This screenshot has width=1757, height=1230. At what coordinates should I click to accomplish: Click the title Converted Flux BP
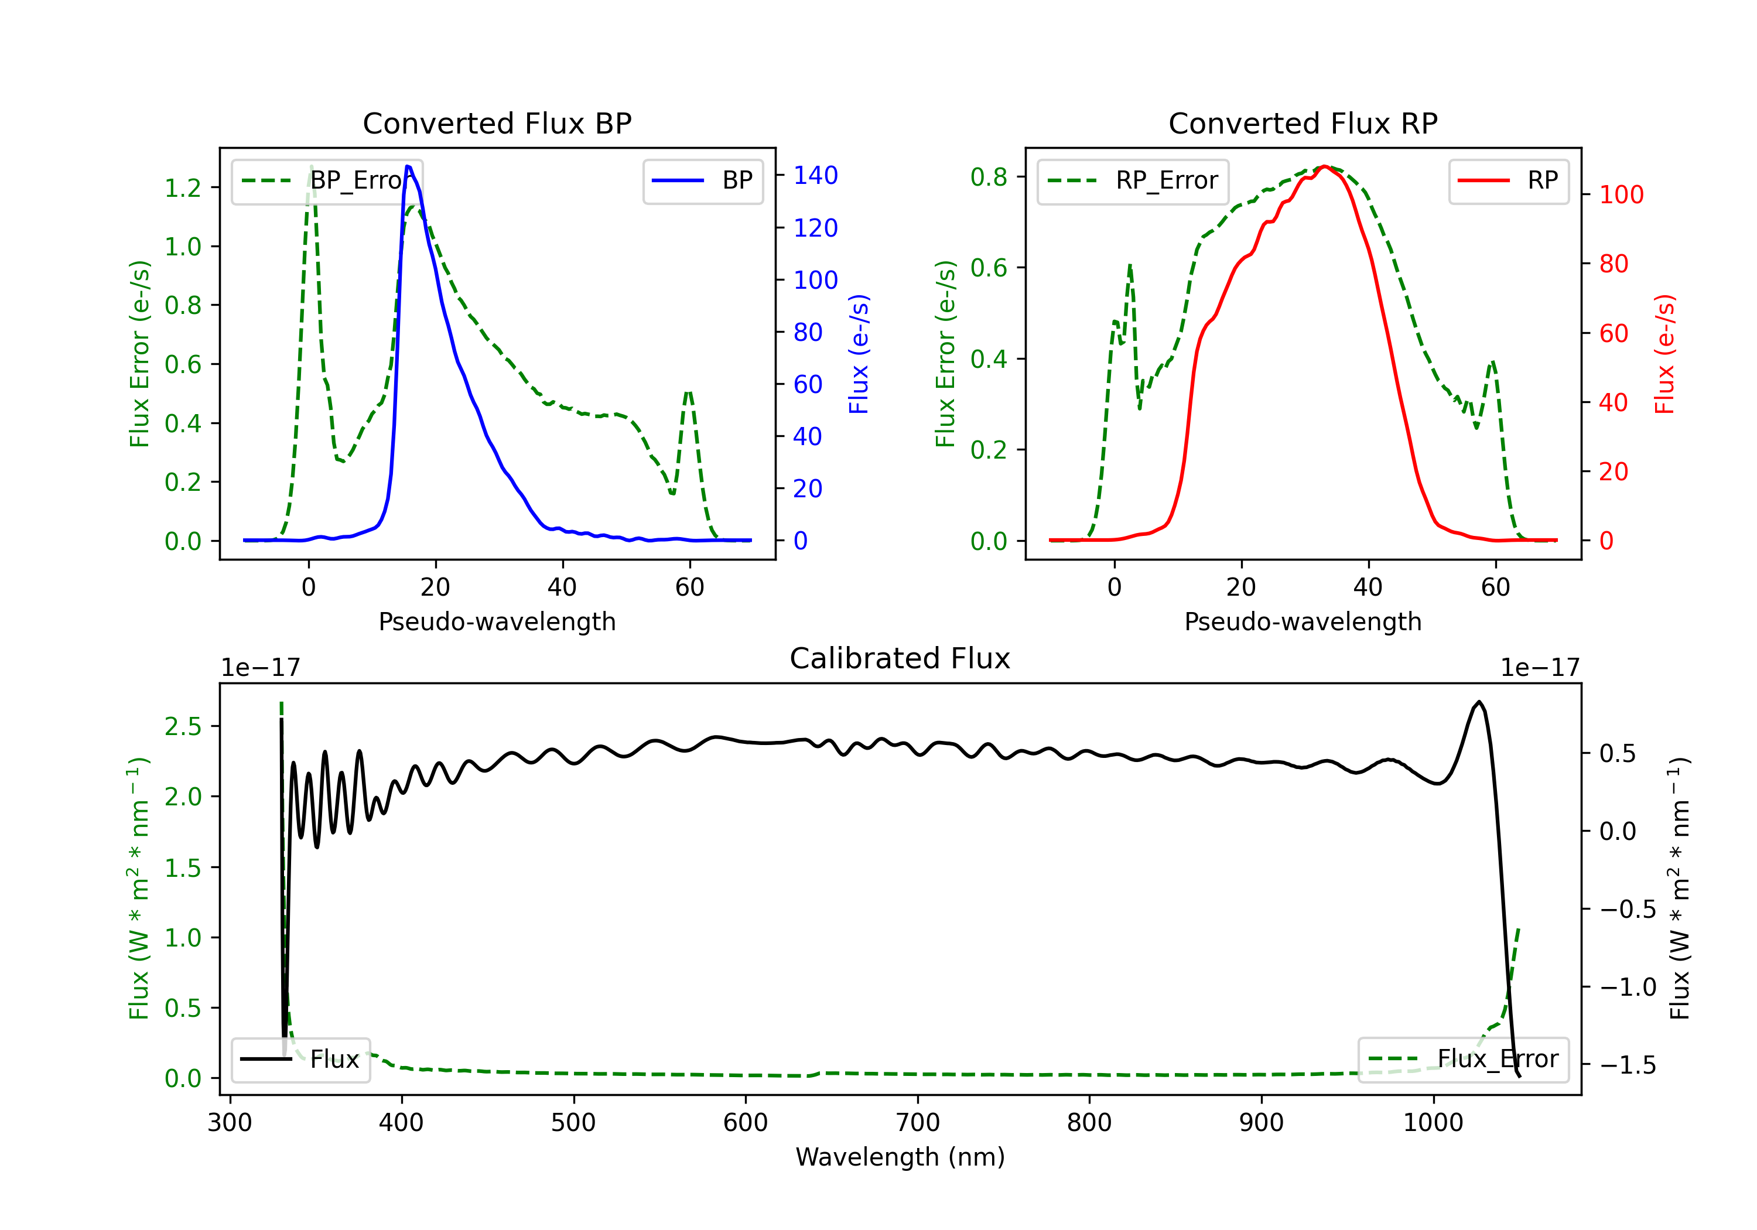[x=497, y=123]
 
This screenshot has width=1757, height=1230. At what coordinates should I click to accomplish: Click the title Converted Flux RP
[x=1303, y=123]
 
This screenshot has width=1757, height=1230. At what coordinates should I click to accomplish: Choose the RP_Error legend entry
[x=1133, y=180]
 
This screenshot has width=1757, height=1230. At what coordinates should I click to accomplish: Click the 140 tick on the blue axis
[x=815, y=175]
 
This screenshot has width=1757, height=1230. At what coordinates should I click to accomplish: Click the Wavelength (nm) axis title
[x=900, y=1157]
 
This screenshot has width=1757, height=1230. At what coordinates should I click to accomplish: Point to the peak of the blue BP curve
[x=408, y=166]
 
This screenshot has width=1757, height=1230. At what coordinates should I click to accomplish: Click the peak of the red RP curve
[x=1325, y=166]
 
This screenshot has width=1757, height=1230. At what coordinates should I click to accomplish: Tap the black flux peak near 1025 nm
[x=1478, y=702]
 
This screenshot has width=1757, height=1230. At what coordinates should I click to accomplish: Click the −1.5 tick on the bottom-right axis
[x=1627, y=1065]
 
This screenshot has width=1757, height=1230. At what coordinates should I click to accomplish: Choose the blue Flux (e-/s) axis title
[x=859, y=354]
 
